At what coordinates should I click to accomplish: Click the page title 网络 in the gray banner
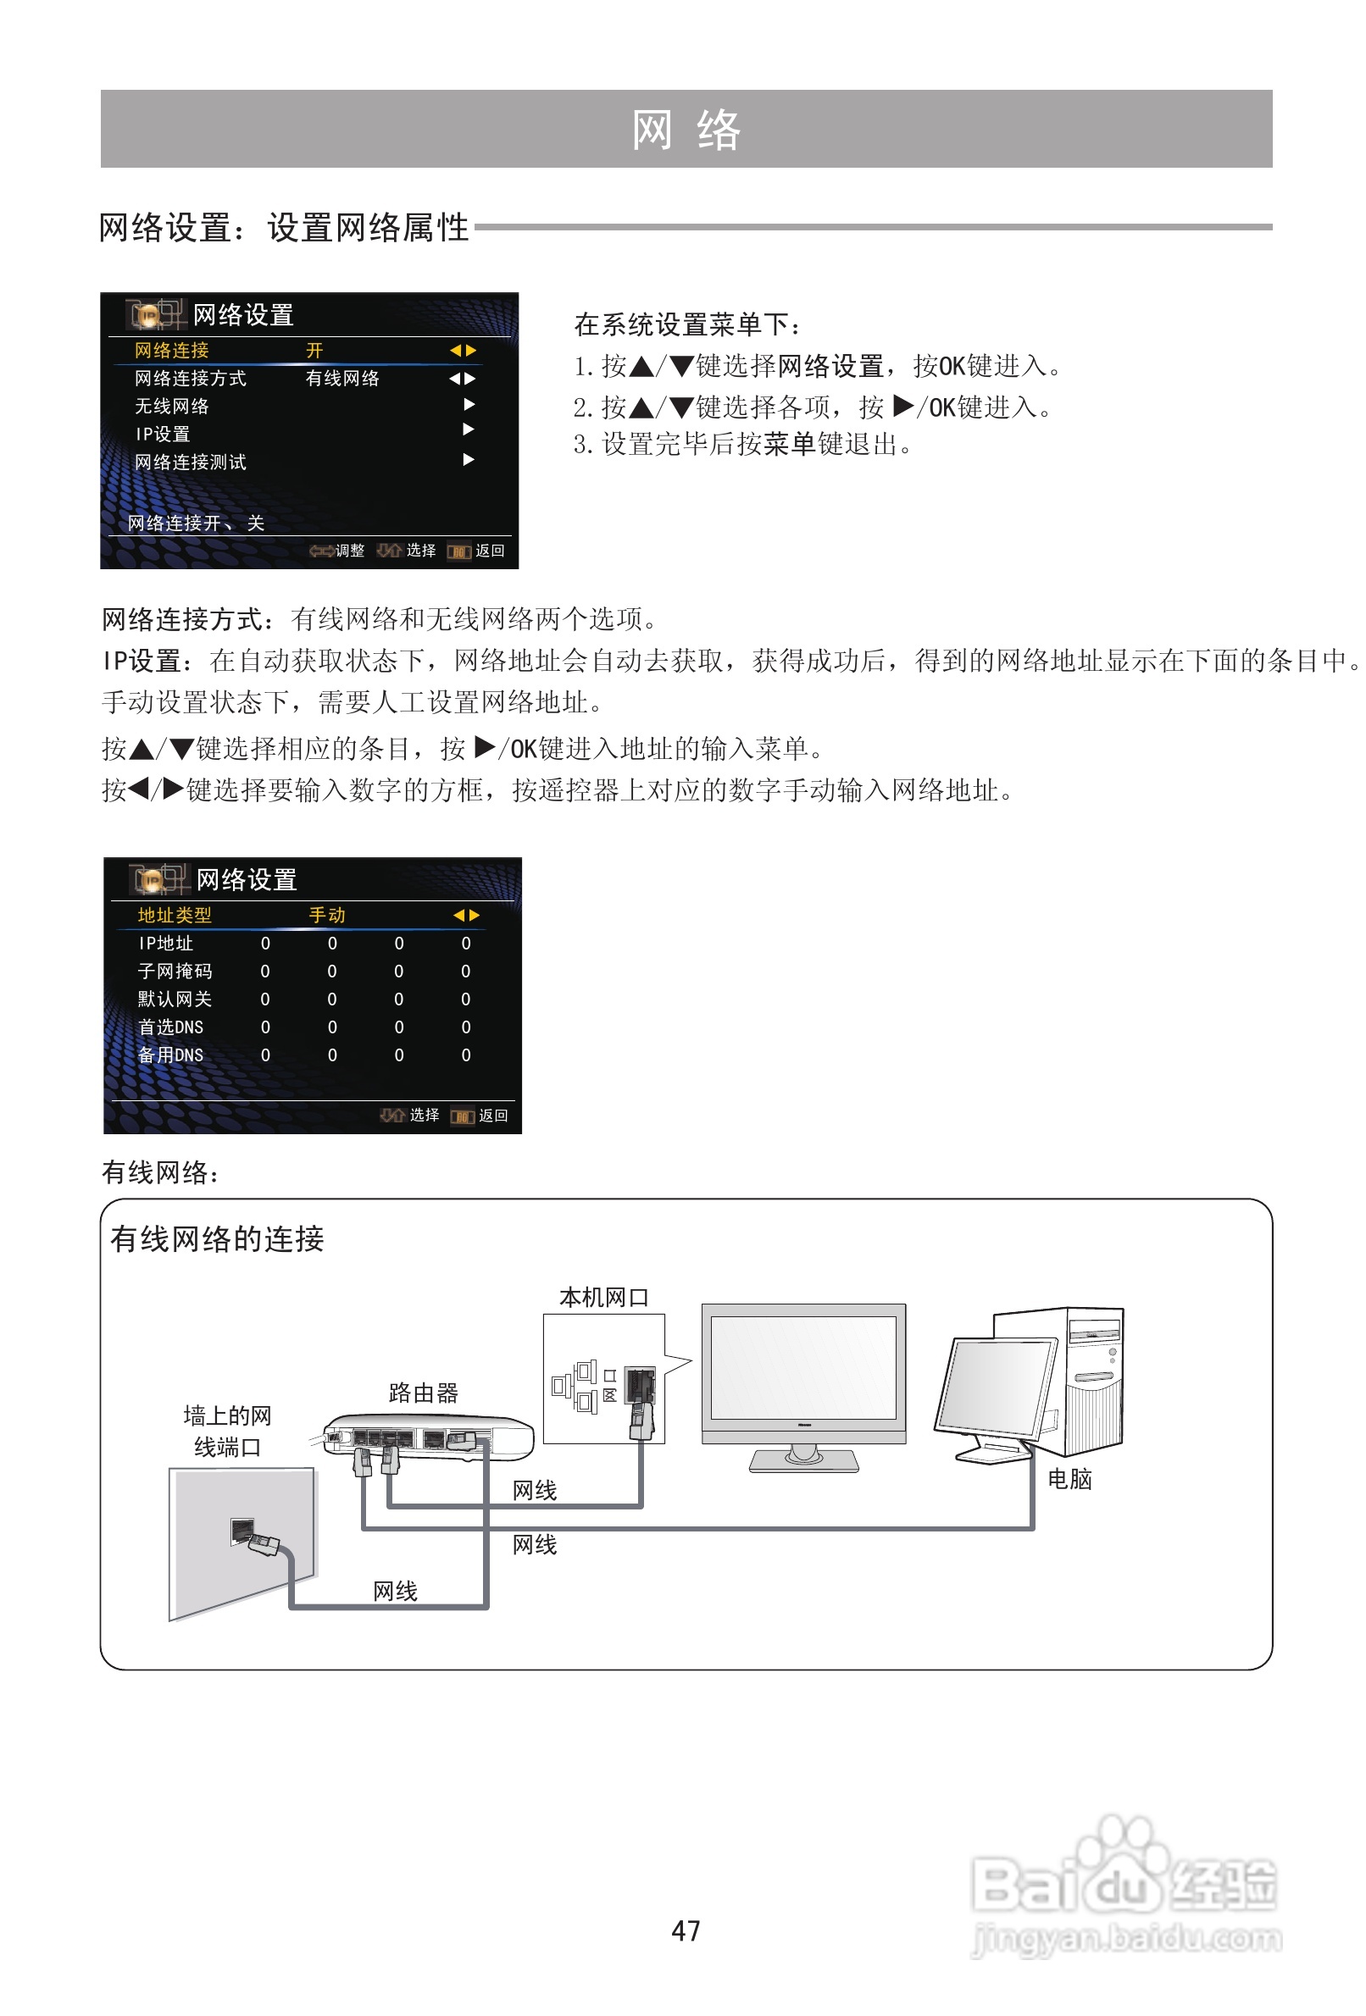(686, 130)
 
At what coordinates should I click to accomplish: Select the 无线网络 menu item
(172, 406)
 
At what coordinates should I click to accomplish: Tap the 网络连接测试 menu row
(190, 462)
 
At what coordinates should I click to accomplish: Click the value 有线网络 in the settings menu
(343, 379)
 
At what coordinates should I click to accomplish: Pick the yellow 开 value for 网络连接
(314, 351)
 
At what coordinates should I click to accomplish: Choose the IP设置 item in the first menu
(163, 434)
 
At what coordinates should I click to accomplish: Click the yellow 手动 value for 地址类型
(327, 915)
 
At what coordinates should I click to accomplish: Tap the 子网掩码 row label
(175, 972)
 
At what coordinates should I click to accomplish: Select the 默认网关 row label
(175, 1000)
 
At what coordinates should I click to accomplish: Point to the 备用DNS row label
(171, 1055)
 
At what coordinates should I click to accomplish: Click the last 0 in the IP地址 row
(466, 944)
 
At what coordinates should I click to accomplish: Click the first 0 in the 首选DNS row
(265, 1028)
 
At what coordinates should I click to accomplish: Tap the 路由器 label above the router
(423, 1393)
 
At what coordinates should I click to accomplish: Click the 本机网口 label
(604, 1298)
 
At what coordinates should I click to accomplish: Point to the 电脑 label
(1069, 1479)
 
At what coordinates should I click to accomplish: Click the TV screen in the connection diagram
(802, 1367)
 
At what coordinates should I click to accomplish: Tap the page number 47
(686, 1930)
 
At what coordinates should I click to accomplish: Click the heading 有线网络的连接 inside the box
(217, 1238)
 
